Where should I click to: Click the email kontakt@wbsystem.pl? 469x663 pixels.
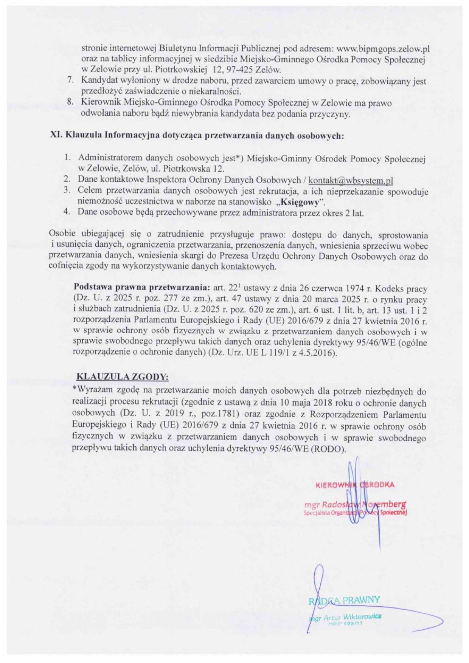tap(351, 181)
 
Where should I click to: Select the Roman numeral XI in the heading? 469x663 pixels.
tap(56, 135)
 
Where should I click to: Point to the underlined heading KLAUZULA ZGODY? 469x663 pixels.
tap(122, 377)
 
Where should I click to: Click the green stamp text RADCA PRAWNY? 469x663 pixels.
tap(344, 600)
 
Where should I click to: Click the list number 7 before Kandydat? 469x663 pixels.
tap(70, 80)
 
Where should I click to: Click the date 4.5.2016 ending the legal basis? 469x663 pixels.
tap(319, 353)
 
